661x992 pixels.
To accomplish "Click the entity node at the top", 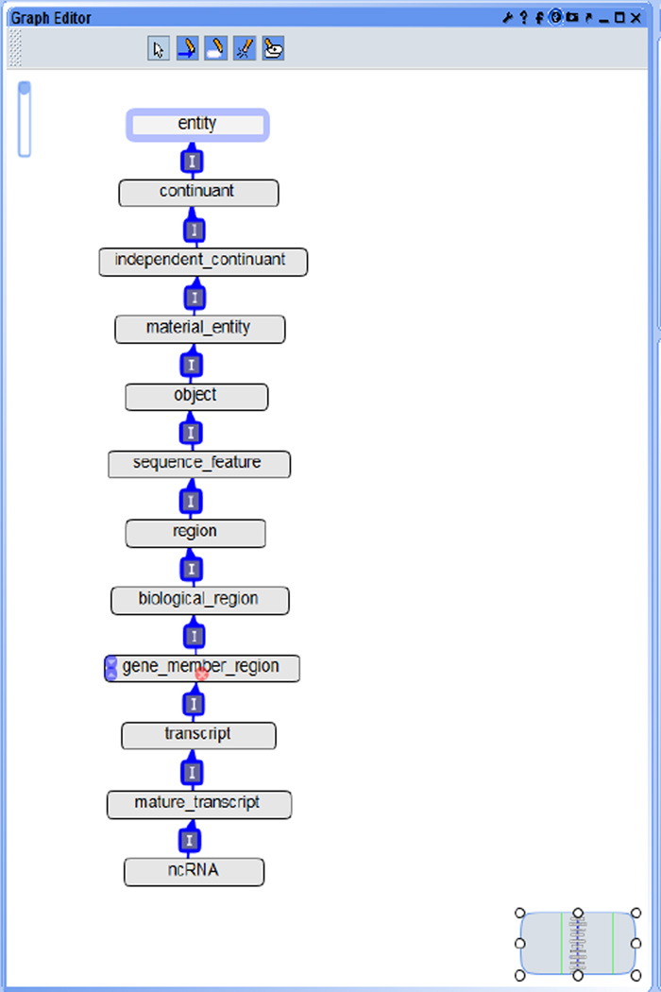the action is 197,125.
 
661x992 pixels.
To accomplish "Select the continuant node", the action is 197,192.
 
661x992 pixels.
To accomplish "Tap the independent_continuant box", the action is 202,261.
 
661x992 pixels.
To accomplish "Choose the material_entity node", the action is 199,329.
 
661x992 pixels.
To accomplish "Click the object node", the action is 196,397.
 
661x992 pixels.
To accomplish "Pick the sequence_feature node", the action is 198,464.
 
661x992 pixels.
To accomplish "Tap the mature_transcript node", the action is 198,804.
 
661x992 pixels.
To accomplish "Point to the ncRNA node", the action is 194,871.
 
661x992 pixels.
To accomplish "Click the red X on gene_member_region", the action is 201,674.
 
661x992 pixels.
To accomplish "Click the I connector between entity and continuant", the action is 193,162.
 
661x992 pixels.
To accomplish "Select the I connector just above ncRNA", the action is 190,840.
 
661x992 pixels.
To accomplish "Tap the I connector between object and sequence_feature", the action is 192,433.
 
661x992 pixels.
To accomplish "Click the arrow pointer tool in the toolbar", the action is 159,48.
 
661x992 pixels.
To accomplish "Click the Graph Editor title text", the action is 52,17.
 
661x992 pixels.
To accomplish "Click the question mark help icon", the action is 523,17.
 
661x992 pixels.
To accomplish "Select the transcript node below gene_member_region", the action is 198,735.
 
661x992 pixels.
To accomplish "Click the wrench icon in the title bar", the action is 507,17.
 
